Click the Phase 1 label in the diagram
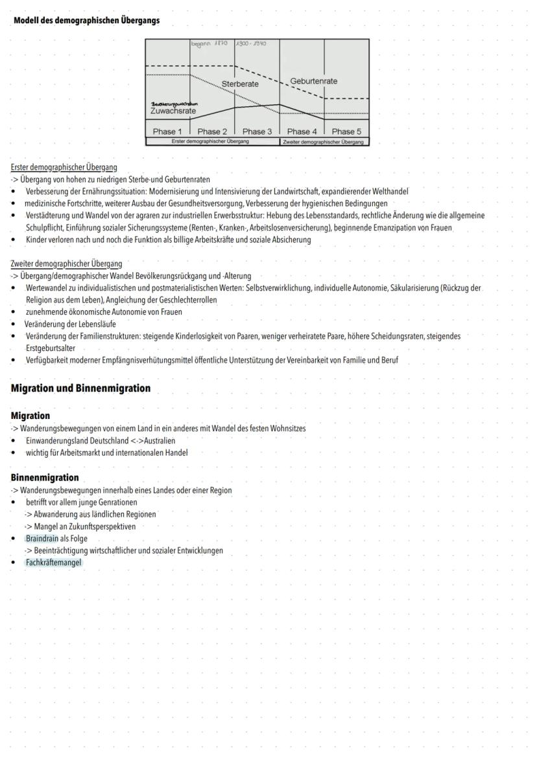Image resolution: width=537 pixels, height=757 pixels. [167, 131]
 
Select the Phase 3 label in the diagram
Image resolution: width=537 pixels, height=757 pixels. [257, 131]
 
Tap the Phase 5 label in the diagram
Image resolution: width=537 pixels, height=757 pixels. [346, 131]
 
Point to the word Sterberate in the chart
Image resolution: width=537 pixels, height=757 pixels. [240, 84]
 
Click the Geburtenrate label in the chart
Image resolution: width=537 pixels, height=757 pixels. [313, 81]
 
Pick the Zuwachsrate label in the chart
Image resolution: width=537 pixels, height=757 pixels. [173, 111]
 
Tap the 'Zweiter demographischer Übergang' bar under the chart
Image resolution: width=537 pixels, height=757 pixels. [324, 141]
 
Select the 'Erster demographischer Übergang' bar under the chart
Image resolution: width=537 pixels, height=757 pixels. [213, 141]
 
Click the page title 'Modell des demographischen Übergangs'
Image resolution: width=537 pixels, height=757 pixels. [86, 20]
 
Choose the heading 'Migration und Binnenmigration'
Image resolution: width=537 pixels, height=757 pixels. [80, 389]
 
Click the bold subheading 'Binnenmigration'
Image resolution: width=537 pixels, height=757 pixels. [45, 478]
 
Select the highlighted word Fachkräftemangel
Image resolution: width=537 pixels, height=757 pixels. [54, 563]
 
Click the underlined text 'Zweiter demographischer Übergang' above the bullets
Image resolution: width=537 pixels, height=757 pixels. [66, 264]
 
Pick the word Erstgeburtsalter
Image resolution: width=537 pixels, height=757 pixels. [51, 348]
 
